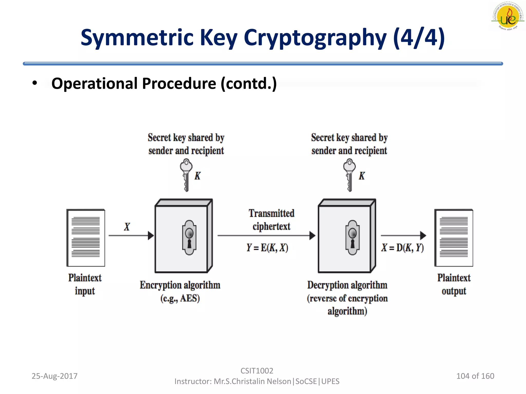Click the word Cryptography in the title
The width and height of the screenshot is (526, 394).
(315, 38)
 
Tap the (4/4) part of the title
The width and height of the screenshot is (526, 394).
(419, 37)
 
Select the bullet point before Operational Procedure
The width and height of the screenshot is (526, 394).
(35, 83)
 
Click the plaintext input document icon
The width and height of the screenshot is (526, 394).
(86, 238)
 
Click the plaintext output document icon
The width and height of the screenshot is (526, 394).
(454, 238)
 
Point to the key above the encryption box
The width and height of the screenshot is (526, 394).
(186, 175)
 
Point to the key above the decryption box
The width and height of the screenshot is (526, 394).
(349, 175)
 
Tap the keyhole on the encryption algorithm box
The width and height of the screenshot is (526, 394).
(189, 237)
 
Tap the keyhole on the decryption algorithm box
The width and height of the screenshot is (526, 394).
(352, 237)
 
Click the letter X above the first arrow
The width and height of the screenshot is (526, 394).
(127, 227)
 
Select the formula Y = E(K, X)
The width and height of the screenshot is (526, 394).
(267, 248)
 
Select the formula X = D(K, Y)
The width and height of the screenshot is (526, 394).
(402, 248)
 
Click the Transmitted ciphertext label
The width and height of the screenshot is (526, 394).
(271, 220)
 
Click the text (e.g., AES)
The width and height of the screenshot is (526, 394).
(180, 298)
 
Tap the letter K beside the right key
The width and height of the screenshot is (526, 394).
(362, 176)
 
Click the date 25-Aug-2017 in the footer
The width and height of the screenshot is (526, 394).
(54, 376)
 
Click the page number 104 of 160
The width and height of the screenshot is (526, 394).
(475, 376)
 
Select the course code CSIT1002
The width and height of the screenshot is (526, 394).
(257, 371)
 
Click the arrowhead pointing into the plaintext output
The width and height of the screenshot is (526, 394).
(423, 235)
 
